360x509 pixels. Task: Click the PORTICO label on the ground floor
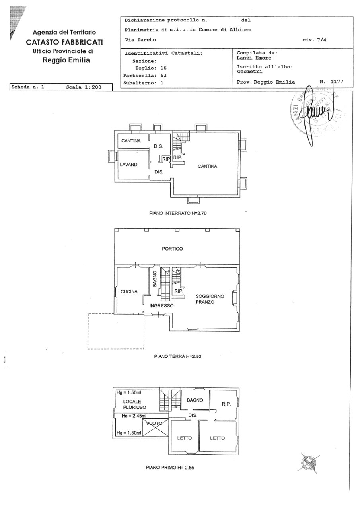click(x=172, y=249)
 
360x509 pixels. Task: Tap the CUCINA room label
click(x=129, y=291)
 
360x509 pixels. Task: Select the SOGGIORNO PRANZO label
click(x=210, y=299)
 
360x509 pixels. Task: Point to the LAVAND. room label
click(x=129, y=165)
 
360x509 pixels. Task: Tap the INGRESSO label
click(x=162, y=306)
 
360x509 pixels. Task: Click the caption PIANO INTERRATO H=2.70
click(x=178, y=213)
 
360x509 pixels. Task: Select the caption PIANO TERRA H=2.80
click(x=178, y=357)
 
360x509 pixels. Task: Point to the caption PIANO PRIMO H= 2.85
click(x=170, y=468)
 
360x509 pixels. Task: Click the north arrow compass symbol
click(x=309, y=463)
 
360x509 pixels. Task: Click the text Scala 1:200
click(x=84, y=87)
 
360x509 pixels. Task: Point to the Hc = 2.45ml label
click(x=134, y=416)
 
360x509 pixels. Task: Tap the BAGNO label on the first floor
click(x=195, y=400)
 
